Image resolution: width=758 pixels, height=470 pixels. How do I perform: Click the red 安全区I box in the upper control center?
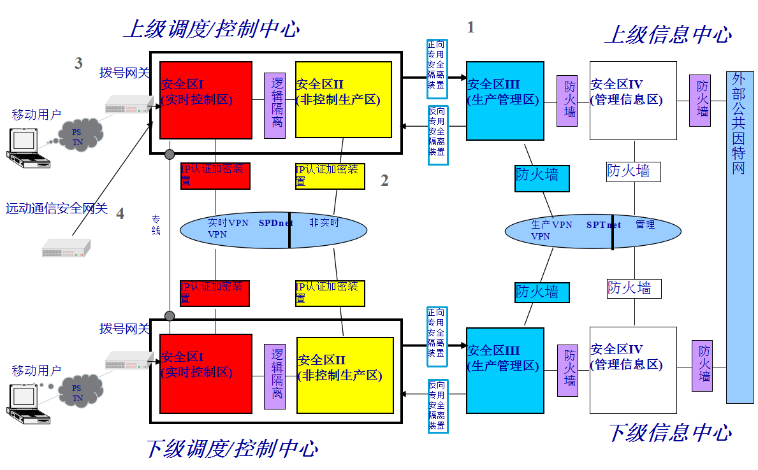tap(205, 99)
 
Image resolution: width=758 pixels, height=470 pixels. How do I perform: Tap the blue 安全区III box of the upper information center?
tap(505, 101)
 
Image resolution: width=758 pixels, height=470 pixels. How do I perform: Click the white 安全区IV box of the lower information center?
tap(633, 369)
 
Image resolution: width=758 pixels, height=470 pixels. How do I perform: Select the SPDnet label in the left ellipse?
tap(275, 223)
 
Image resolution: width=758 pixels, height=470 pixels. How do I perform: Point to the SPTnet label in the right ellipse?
tap(603, 224)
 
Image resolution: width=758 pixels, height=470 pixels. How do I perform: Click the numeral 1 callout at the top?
tap(470, 27)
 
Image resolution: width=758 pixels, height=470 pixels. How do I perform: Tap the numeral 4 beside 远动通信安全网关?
tap(120, 214)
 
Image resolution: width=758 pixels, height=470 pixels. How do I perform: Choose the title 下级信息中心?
tap(669, 433)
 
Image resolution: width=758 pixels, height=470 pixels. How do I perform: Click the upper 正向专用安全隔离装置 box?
tap(437, 68)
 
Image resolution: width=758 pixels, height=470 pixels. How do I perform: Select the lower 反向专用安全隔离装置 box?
tap(437, 405)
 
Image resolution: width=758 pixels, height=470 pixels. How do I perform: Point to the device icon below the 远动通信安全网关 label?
tap(66, 249)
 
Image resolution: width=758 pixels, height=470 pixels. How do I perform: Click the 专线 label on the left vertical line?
tap(156, 224)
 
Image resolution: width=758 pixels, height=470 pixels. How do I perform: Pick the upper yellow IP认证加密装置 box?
tap(330, 176)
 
